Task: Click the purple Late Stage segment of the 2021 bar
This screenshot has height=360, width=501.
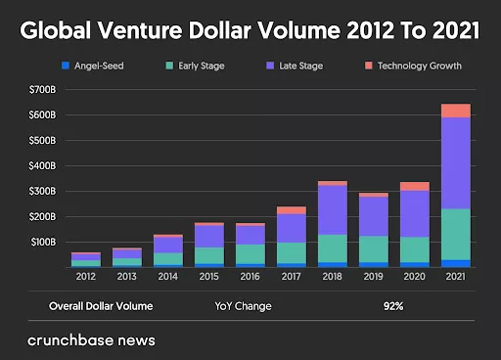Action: click(455, 162)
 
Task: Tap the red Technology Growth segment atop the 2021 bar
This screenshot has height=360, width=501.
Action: click(455, 111)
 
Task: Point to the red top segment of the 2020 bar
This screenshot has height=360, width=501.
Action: click(414, 186)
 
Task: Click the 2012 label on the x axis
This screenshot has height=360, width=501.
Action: click(85, 277)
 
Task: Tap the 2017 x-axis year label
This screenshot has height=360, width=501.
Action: click(291, 277)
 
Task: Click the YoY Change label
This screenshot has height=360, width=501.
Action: click(243, 305)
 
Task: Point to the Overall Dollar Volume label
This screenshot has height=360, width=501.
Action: click(101, 305)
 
